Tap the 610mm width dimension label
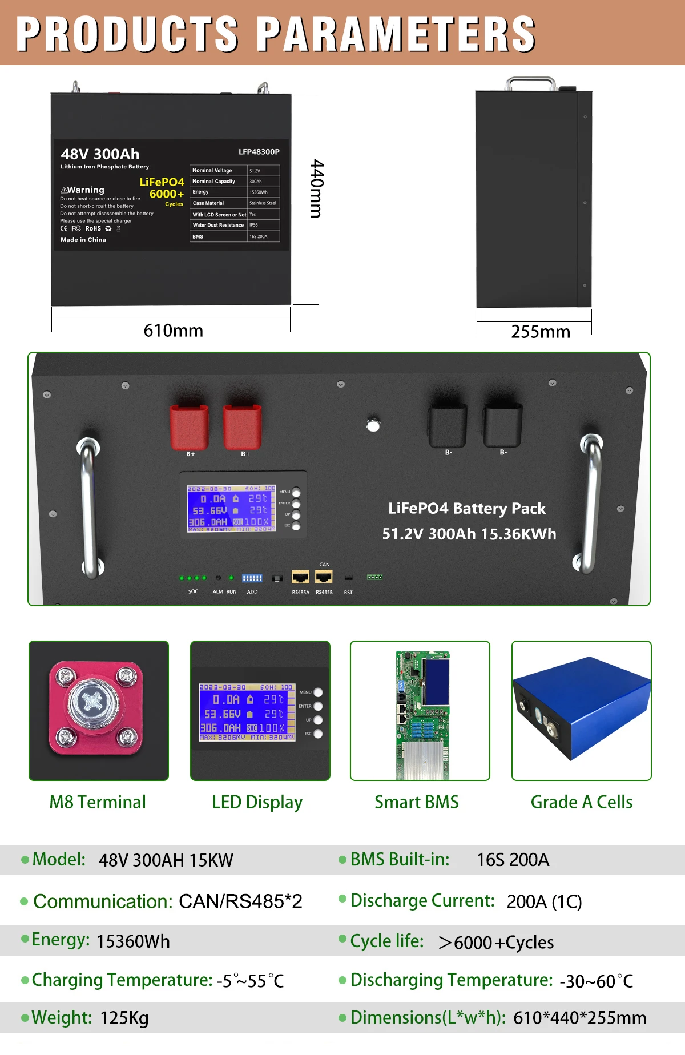[x=173, y=331]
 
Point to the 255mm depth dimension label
[x=540, y=332]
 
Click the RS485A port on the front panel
[x=300, y=577]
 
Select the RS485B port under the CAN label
[x=324, y=577]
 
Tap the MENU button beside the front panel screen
[x=296, y=493]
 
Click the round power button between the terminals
[x=373, y=425]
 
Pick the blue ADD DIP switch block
[x=252, y=578]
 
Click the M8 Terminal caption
[x=98, y=802]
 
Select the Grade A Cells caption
[x=581, y=802]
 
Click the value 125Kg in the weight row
[x=124, y=1018]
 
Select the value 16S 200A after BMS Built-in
[x=513, y=860]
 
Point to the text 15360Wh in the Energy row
[x=133, y=941]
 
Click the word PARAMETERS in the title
[x=396, y=34]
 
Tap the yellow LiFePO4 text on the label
[x=162, y=182]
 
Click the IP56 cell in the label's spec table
[x=254, y=225]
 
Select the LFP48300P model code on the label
[x=259, y=152]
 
